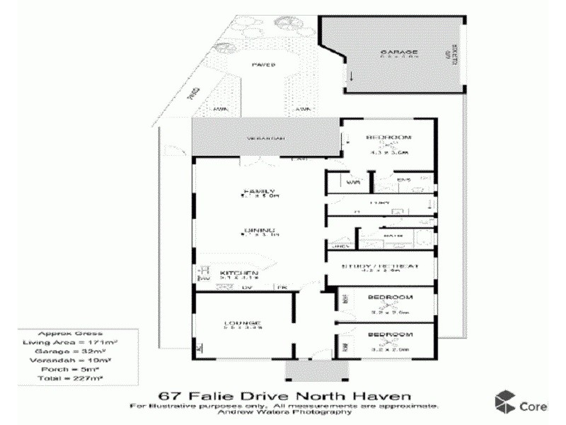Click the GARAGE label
[399, 52]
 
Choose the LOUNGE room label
[243, 323]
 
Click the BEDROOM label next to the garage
[388, 137]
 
